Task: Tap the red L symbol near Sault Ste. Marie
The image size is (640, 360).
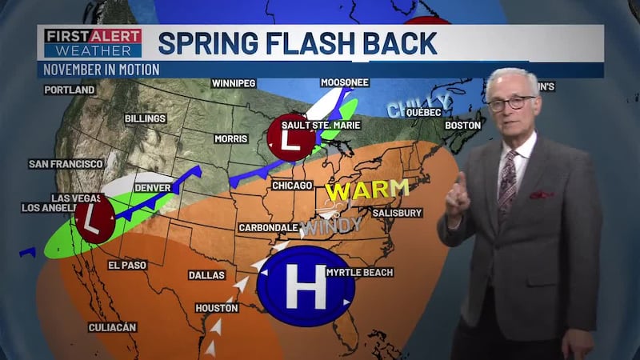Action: click(290, 138)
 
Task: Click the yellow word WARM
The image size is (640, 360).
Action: click(366, 190)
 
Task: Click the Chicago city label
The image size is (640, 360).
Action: click(291, 186)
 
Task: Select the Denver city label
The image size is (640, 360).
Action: click(152, 188)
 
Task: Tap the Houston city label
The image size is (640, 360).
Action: click(216, 308)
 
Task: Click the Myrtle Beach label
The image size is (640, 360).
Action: click(360, 273)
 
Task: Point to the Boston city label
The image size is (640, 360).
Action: click(462, 126)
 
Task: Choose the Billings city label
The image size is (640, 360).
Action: click(145, 119)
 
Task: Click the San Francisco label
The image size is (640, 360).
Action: click(66, 164)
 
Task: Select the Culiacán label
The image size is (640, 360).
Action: click(112, 327)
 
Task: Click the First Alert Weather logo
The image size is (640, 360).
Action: click(93, 43)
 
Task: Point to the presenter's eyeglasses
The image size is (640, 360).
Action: click(512, 103)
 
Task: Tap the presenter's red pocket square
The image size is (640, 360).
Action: click(541, 194)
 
